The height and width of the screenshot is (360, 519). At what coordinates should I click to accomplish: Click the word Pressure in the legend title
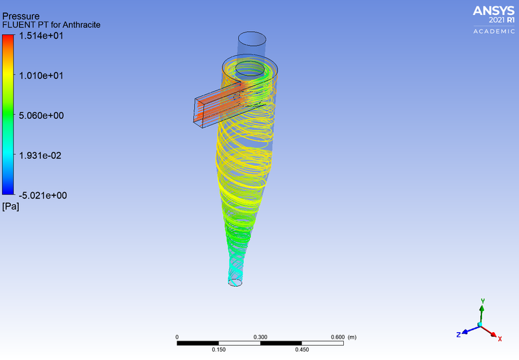(21, 16)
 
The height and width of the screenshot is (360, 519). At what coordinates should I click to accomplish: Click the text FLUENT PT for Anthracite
(51, 25)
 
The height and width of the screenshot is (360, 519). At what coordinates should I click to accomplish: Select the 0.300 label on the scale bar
(260, 338)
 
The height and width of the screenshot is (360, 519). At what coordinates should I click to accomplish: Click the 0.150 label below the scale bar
(219, 350)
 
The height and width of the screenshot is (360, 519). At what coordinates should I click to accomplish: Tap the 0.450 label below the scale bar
(302, 350)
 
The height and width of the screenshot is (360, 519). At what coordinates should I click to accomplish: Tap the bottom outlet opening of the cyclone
(235, 283)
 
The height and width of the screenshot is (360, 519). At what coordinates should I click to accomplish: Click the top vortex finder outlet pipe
(252, 47)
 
